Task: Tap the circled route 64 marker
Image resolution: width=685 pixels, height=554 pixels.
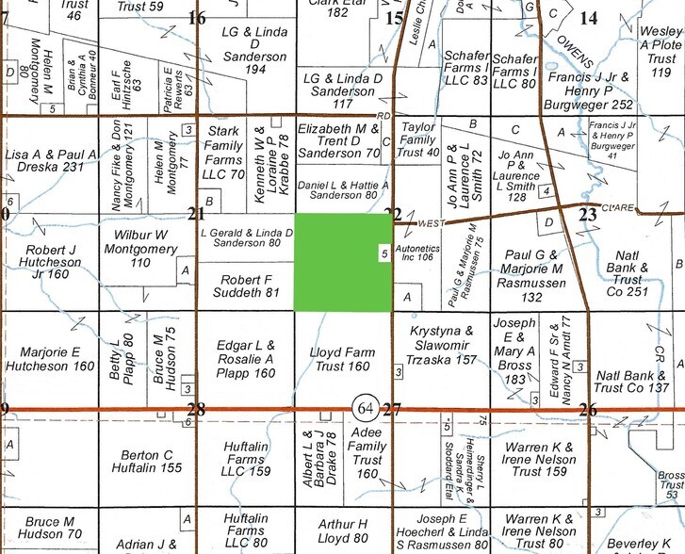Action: [363, 408]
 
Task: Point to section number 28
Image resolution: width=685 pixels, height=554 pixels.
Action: [196, 409]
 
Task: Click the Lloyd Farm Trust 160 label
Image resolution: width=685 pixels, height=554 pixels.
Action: [342, 360]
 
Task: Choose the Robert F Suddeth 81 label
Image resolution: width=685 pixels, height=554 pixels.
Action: [246, 286]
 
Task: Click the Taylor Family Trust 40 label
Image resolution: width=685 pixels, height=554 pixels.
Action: [419, 138]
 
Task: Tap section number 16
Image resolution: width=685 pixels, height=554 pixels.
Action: [197, 18]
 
